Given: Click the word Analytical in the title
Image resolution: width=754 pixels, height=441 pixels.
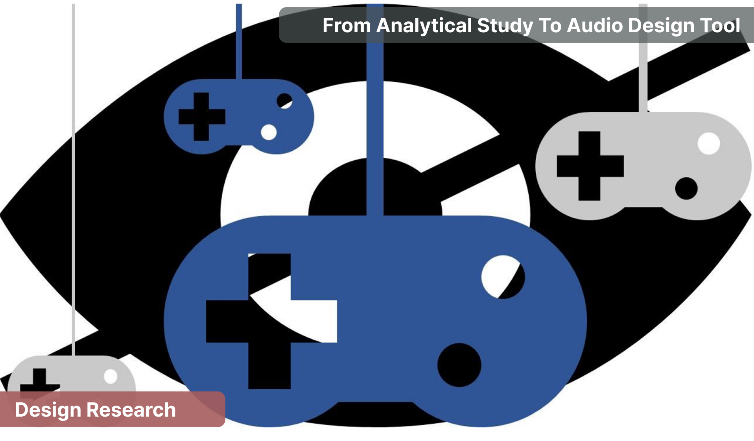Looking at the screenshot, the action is (424, 26).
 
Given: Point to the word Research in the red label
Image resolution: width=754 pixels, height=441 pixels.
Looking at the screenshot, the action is (131, 410).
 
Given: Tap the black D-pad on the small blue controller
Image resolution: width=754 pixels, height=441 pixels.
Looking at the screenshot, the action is (202, 117).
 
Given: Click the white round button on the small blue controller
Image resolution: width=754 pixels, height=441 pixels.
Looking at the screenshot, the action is (269, 132).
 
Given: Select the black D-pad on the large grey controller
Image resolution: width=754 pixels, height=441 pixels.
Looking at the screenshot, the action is (590, 166).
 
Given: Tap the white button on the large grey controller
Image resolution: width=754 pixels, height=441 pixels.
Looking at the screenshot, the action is (708, 144).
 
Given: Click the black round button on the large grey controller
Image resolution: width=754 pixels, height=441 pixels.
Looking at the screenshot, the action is (686, 188).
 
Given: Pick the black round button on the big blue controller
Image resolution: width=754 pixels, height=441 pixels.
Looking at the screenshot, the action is (459, 365).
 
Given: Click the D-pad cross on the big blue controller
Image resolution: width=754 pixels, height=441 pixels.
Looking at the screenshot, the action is (269, 322).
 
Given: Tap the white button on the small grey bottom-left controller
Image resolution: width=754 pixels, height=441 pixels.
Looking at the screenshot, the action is (111, 376).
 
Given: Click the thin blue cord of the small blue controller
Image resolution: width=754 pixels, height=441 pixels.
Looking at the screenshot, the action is (239, 39).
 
